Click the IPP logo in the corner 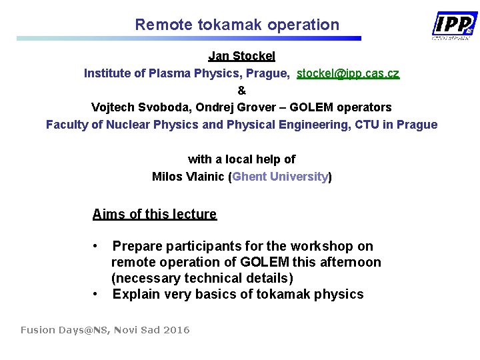tap(455, 25)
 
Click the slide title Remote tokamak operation tap(237, 25)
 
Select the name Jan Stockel tap(241, 56)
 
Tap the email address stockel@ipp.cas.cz tap(348, 73)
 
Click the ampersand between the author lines tap(241, 90)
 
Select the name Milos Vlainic tap(188, 177)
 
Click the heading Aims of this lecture tap(155, 214)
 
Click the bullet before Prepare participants tap(97, 246)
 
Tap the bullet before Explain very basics tap(97, 294)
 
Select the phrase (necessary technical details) tap(202, 278)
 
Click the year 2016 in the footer tap(176, 330)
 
